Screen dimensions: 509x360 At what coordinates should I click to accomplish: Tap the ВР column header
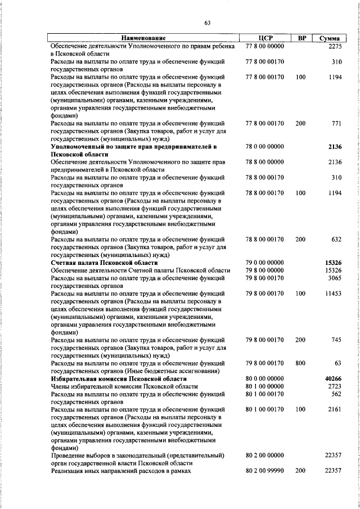(301, 38)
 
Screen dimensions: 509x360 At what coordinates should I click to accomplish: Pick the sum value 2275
(334, 46)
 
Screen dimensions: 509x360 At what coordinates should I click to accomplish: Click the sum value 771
(336, 123)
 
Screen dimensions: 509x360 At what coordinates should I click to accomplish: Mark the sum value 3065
(334, 278)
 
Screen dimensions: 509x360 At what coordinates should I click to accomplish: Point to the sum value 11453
(333, 294)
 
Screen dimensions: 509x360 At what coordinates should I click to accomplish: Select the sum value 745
(336, 340)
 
